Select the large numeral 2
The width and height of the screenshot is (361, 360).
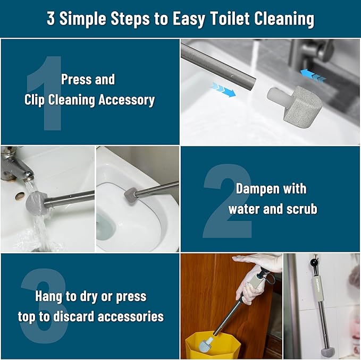pos(227,201)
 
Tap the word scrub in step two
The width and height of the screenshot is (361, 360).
pos(301,209)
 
